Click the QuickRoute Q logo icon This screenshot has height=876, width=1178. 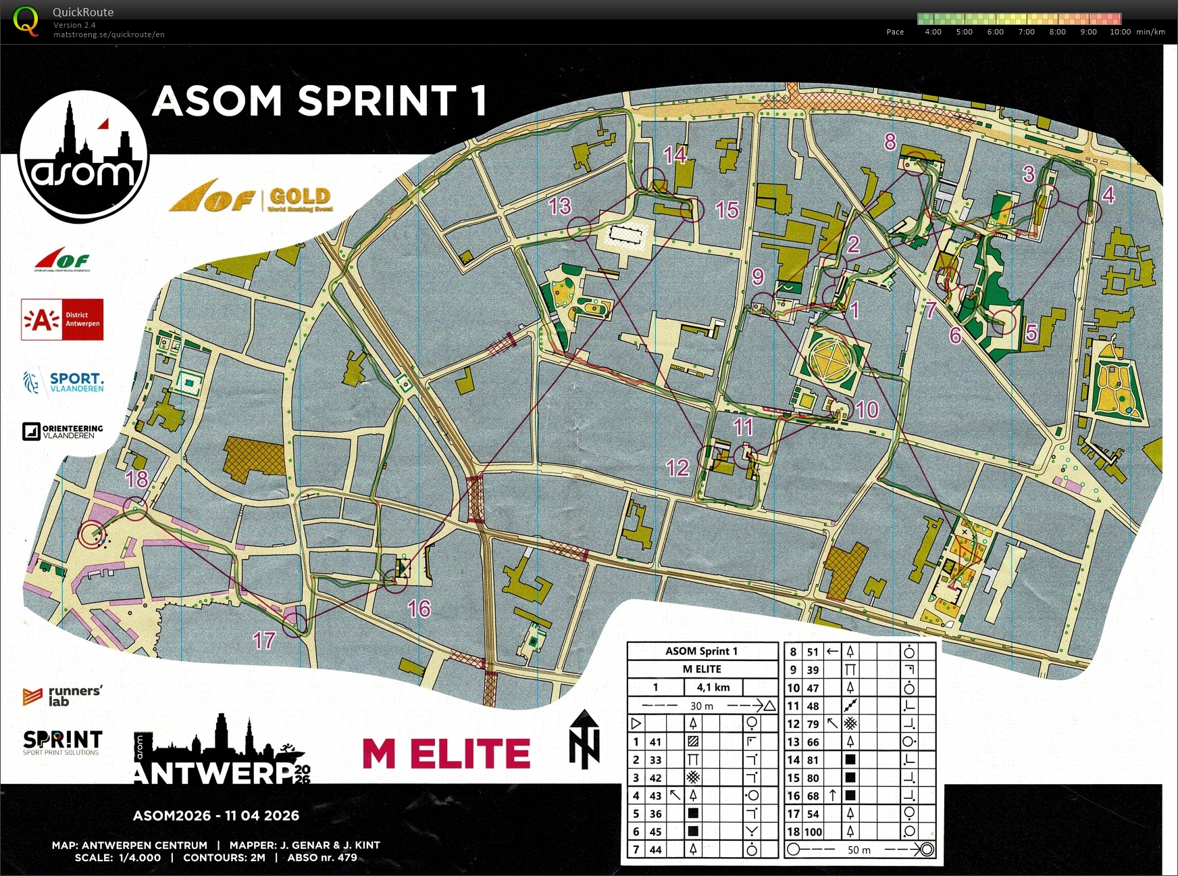point(26,20)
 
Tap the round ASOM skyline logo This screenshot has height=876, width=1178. point(82,157)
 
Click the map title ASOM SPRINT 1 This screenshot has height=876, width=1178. point(319,101)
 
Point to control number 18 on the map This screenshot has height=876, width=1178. point(136,479)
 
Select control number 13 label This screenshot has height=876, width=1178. point(560,205)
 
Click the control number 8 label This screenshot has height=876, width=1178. point(890,141)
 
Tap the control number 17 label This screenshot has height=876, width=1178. point(264,640)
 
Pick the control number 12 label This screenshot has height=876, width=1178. point(677,467)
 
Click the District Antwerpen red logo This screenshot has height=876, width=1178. point(62,319)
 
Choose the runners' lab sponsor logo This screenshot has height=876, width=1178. point(62,696)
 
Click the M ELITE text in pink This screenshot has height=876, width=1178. point(446,753)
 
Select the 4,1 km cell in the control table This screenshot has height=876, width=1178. point(713,687)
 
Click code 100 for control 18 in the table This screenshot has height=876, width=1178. point(813,831)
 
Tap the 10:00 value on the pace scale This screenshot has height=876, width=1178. point(1120,32)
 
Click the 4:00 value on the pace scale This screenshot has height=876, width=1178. point(933,32)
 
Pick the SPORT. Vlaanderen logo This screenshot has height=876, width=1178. point(63,382)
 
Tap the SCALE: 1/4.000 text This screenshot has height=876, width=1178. point(118,858)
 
